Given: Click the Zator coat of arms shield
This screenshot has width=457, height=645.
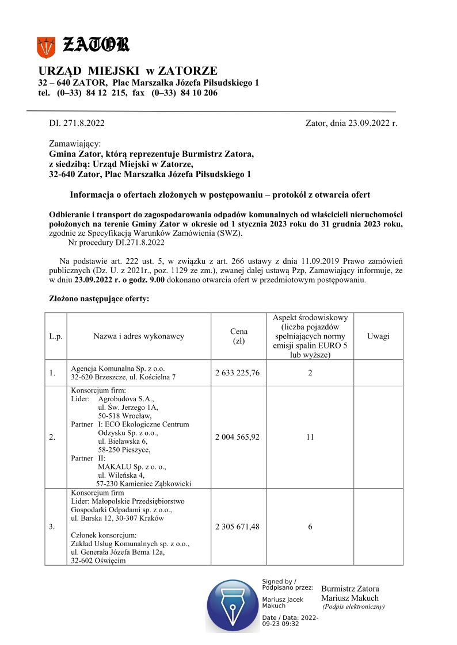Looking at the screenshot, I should coord(46,46).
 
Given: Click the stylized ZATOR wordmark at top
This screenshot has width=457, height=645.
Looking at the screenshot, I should coord(96,44).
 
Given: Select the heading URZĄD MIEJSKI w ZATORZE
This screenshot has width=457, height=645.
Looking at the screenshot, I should coord(128,71).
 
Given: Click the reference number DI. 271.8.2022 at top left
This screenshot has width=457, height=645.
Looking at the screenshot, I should coord(77,122).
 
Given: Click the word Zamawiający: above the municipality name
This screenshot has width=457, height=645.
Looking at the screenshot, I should coord(75,143).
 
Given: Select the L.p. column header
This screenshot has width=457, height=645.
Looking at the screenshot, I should coord(56,336).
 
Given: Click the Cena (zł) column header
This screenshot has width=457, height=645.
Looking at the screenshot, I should coord(238,336).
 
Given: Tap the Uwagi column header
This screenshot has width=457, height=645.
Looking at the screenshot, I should coord(378,336).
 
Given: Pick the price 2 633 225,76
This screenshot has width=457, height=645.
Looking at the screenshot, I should coord(238,373).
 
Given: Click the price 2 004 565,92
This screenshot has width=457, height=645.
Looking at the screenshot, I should coord(238,437).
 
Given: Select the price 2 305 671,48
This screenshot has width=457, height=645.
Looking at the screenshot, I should coord(238,527).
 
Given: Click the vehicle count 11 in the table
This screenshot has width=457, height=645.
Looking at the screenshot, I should coord(310,437).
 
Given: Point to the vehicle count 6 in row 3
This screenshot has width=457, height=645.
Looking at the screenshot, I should coord(310,527).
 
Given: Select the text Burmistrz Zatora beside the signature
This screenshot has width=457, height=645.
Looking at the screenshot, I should coord(350,589).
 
